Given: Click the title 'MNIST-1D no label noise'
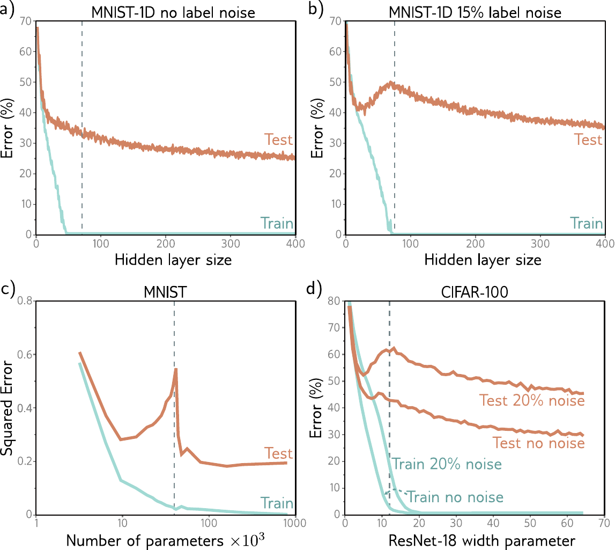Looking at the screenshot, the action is [x=173, y=12].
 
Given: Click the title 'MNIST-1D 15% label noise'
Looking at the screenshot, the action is [x=475, y=12].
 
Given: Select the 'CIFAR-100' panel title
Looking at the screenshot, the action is [x=474, y=292].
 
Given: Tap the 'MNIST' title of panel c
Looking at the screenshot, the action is [x=165, y=292].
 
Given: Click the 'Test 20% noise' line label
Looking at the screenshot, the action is [x=532, y=400].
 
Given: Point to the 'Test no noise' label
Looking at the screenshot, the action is [x=538, y=443].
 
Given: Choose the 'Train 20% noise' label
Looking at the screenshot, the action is [x=447, y=464].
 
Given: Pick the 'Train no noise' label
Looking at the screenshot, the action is [x=455, y=497].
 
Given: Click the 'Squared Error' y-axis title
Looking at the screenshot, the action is [x=6, y=408].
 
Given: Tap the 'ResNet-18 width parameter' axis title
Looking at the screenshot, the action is [x=481, y=540].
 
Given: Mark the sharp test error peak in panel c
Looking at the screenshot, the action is [x=176, y=369].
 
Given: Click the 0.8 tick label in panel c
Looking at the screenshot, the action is [x=25, y=301].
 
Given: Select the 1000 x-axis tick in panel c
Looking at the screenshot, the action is [x=294, y=523].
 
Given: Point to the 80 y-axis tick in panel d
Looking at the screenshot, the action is [x=334, y=301].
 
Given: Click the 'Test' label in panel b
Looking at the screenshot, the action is [x=588, y=140].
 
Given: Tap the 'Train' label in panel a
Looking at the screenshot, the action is [x=277, y=223].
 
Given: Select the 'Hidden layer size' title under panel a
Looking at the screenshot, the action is [x=173, y=260].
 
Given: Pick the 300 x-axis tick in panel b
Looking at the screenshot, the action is [x=540, y=244].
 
